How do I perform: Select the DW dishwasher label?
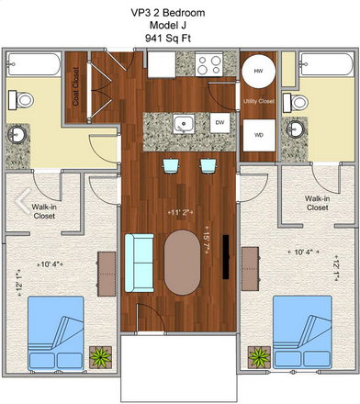pyautogui.click(x=219, y=121)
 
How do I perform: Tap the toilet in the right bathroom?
pyautogui.click(x=297, y=100)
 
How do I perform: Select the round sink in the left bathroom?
pyautogui.click(x=17, y=135)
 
